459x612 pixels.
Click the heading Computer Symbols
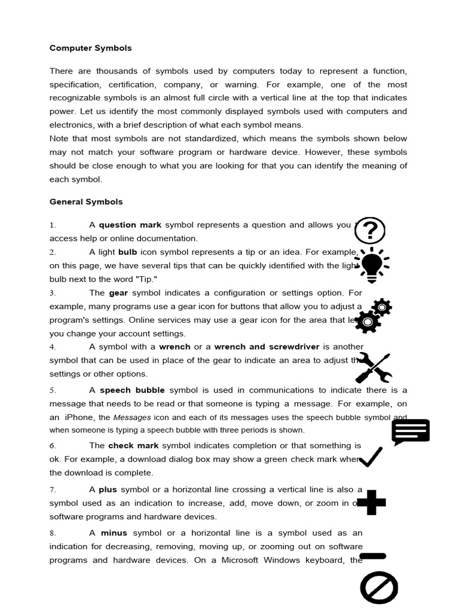point(90,48)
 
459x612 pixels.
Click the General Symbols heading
point(86,202)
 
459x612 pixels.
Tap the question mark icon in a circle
point(370,231)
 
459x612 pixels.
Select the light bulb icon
point(372,265)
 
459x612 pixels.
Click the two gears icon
point(373,316)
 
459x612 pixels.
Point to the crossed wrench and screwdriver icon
point(374,367)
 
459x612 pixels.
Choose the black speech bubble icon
point(411,432)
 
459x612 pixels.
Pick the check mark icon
point(371,457)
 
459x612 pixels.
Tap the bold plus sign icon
point(371,503)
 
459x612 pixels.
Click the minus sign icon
point(372,556)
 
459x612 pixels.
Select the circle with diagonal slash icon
point(379,587)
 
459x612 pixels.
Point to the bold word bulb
point(127,252)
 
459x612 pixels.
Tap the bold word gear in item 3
point(118,293)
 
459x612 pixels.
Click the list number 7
point(53,489)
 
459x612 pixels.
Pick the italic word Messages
point(132,418)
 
